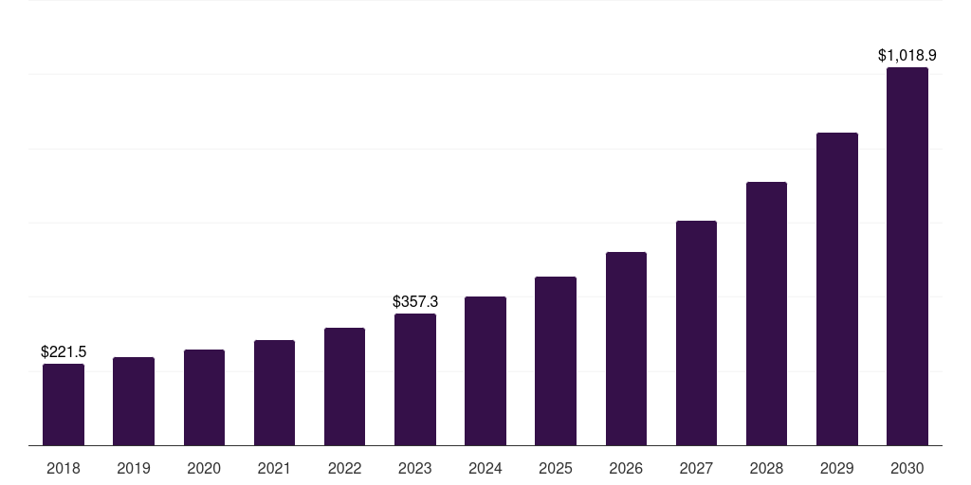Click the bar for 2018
point(64,404)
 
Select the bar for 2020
point(204,397)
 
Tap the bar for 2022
point(344,386)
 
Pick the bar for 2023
point(415,379)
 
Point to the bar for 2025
point(556,361)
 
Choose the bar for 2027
point(696,332)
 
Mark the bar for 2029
point(836,289)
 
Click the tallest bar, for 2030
point(907,256)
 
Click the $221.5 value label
point(64,351)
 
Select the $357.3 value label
point(415,301)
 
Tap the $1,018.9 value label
point(907,56)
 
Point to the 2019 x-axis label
point(134,468)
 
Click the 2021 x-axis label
point(274,468)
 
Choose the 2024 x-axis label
point(485,468)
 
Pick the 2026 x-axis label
point(626,468)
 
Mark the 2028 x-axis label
point(766,468)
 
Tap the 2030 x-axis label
point(907,468)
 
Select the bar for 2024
point(485,370)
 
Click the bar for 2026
point(626,349)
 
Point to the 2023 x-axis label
point(415,468)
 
